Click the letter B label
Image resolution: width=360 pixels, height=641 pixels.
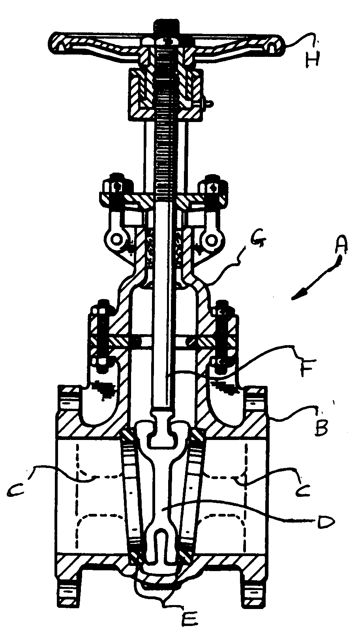click(x=320, y=427)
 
